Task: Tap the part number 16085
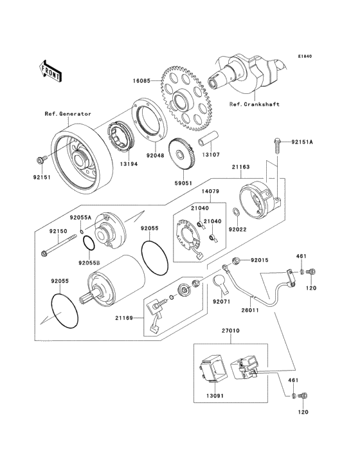tap(142, 80)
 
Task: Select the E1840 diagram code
tap(305, 56)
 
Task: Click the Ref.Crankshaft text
tap(255, 104)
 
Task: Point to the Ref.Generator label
tap(67, 114)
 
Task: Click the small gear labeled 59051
tap(183, 154)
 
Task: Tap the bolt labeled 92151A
tap(277, 147)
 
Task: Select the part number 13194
tap(129, 164)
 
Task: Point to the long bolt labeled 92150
tap(59, 246)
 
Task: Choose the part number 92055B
tap(89, 263)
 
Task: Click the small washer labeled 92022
tap(236, 212)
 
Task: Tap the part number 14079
tap(210, 191)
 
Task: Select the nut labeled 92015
tap(235, 261)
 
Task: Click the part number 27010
tap(230, 331)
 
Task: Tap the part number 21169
tap(123, 317)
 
